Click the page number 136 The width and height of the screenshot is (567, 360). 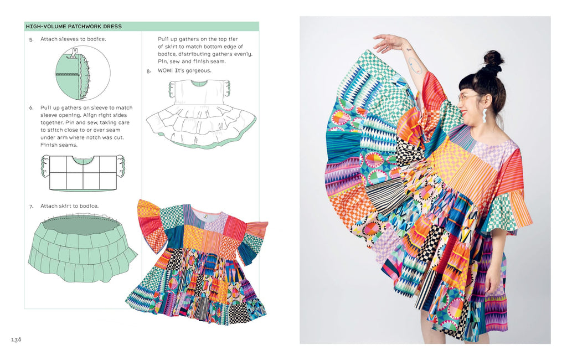[x=16, y=340]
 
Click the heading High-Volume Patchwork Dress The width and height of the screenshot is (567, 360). [x=74, y=27]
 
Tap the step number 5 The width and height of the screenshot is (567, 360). [x=32, y=39]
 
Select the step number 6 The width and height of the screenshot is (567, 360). [x=32, y=108]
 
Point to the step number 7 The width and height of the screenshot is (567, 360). [x=32, y=206]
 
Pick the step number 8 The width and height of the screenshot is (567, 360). [x=148, y=71]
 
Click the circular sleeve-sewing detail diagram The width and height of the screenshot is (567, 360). [x=83, y=73]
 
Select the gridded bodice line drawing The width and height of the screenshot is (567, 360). [x=83, y=172]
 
